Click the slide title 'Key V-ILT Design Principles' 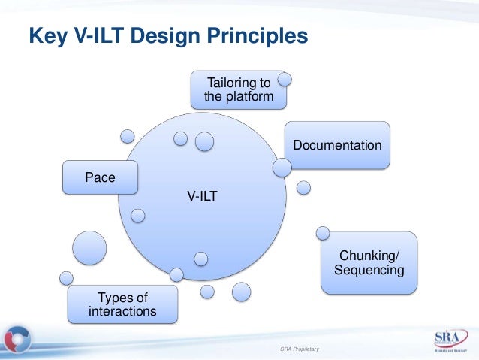tap(168, 35)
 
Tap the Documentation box tap(337, 144)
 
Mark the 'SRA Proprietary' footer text tap(299, 349)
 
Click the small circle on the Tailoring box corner tap(285, 78)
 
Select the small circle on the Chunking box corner tap(324, 234)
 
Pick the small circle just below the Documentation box tap(303, 186)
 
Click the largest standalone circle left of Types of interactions tap(89, 247)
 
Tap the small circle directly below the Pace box tap(137, 216)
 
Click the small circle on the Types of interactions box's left tap(67, 278)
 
